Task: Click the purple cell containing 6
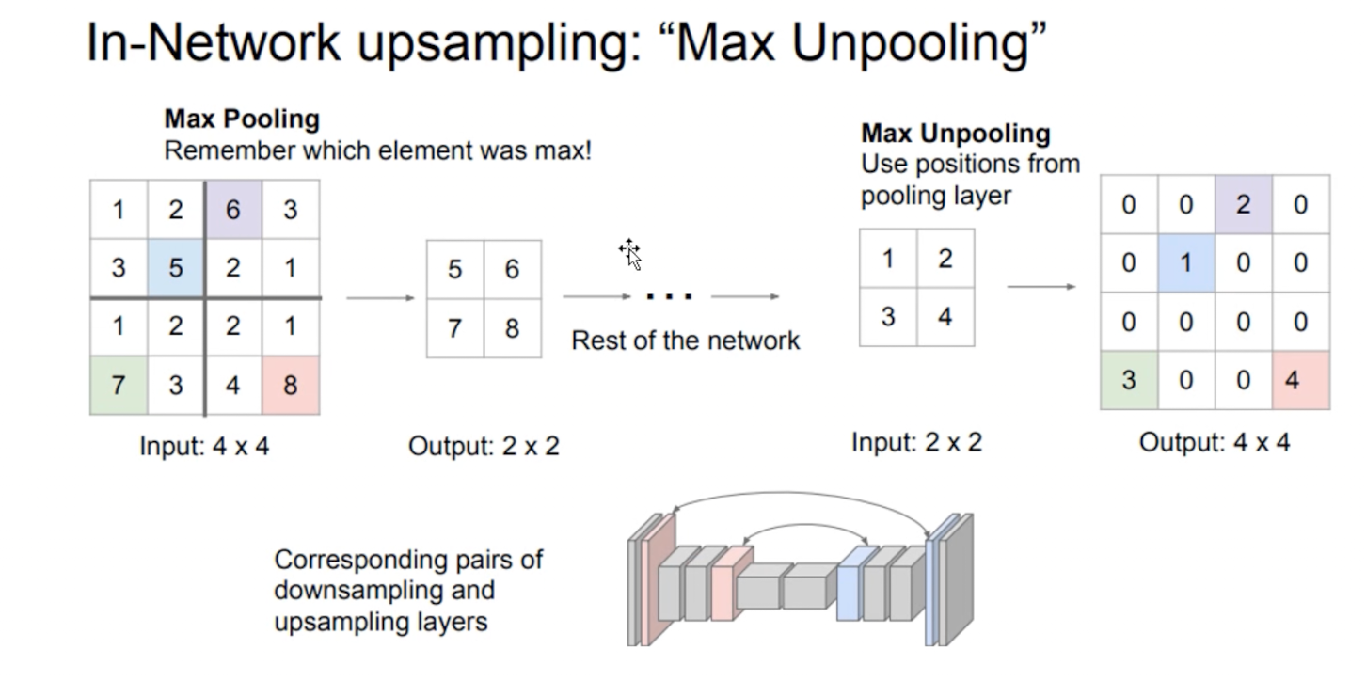tap(232, 209)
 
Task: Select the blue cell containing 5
tap(176, 268)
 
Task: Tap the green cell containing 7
tap(119, 384)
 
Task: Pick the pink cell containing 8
tap(290, 384)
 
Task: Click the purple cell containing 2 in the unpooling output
tap(1243, 204)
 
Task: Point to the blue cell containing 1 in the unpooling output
tap(1185, 262)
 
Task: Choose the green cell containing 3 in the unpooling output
tap(1129, 381)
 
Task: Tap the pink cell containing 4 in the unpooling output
tap(1300, 381)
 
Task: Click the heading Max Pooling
tap(242, 119)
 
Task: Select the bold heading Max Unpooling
tap(955, 134)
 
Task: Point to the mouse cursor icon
tap(630, 253)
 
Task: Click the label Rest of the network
tap(685, 340)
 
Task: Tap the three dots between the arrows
tap(670, 297)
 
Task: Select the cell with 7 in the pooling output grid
tap(455, 328)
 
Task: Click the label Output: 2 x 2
tap(484, 446)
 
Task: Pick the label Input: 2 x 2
tap(916, 442)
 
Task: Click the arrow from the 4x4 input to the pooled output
tap(380, 298)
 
